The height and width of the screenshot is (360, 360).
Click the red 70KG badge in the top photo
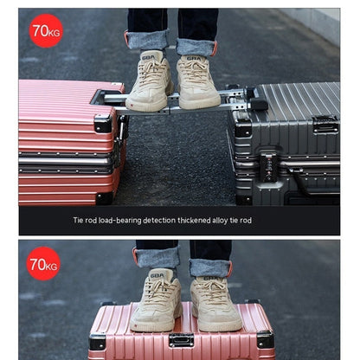tap(45, 30)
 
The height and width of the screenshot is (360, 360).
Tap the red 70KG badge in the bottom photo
tap(43, 262)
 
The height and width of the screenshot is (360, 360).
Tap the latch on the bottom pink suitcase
tap(181, 339)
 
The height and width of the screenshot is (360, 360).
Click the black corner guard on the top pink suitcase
tap(103, 122)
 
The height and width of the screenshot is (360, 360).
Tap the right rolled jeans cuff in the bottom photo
tap(210, 267)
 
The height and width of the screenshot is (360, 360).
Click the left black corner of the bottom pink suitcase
tap(98, 342)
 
